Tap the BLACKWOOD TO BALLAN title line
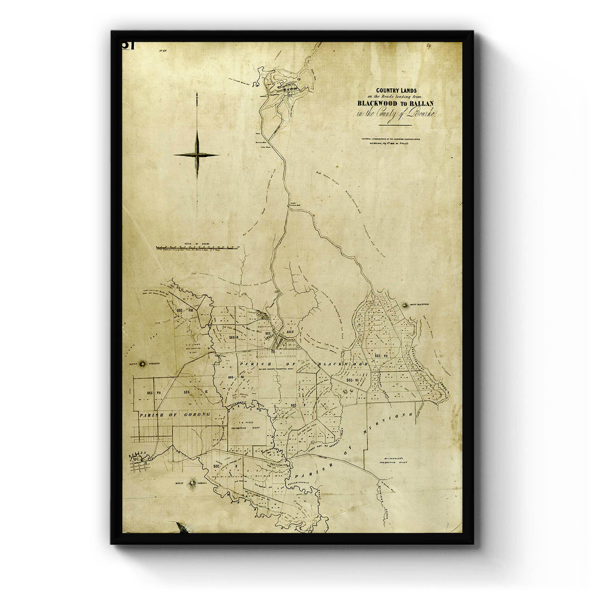pos(395,103)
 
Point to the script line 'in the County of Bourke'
pos(396,114)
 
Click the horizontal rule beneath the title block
pos(395,125)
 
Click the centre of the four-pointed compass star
pos(197,155)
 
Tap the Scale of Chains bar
pos(198,247)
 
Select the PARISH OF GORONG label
pos(175,414)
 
